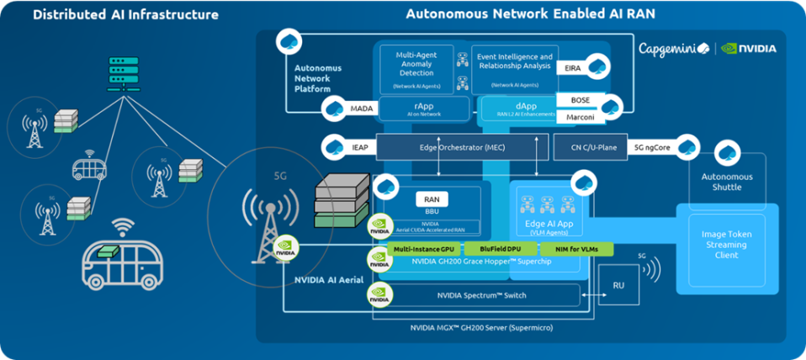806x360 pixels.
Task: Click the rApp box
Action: click(422, 108)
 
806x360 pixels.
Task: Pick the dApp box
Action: click(515, 108)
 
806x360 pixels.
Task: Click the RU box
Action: click(618, 284)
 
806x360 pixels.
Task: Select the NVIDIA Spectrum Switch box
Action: click(480, 295)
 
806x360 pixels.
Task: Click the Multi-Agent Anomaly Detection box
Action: click(418, 69)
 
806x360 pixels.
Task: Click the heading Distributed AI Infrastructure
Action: click(125, 14)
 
